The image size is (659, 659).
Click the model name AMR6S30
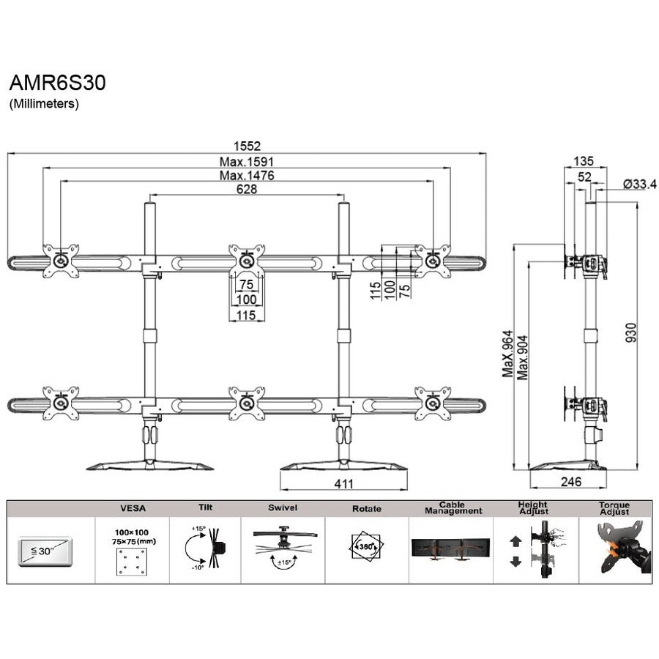(x=57, y=83)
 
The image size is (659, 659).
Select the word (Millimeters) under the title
(x=43, y=104)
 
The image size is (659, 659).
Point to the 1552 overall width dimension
(x=247, y=146)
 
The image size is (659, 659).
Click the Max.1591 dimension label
(x=247, y=161)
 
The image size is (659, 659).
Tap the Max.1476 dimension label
(x=247, y=175)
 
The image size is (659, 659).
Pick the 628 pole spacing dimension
(x=247, y=189)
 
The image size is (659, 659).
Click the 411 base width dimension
(x=344, y=483)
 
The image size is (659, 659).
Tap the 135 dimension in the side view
(x=584, y=161)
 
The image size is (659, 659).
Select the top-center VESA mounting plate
(x=247, y=260)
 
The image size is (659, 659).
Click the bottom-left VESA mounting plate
(x=61, y=403)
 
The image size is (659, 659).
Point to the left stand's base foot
(x=150, y=465)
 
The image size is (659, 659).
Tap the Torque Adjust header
(x=614, y=508)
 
